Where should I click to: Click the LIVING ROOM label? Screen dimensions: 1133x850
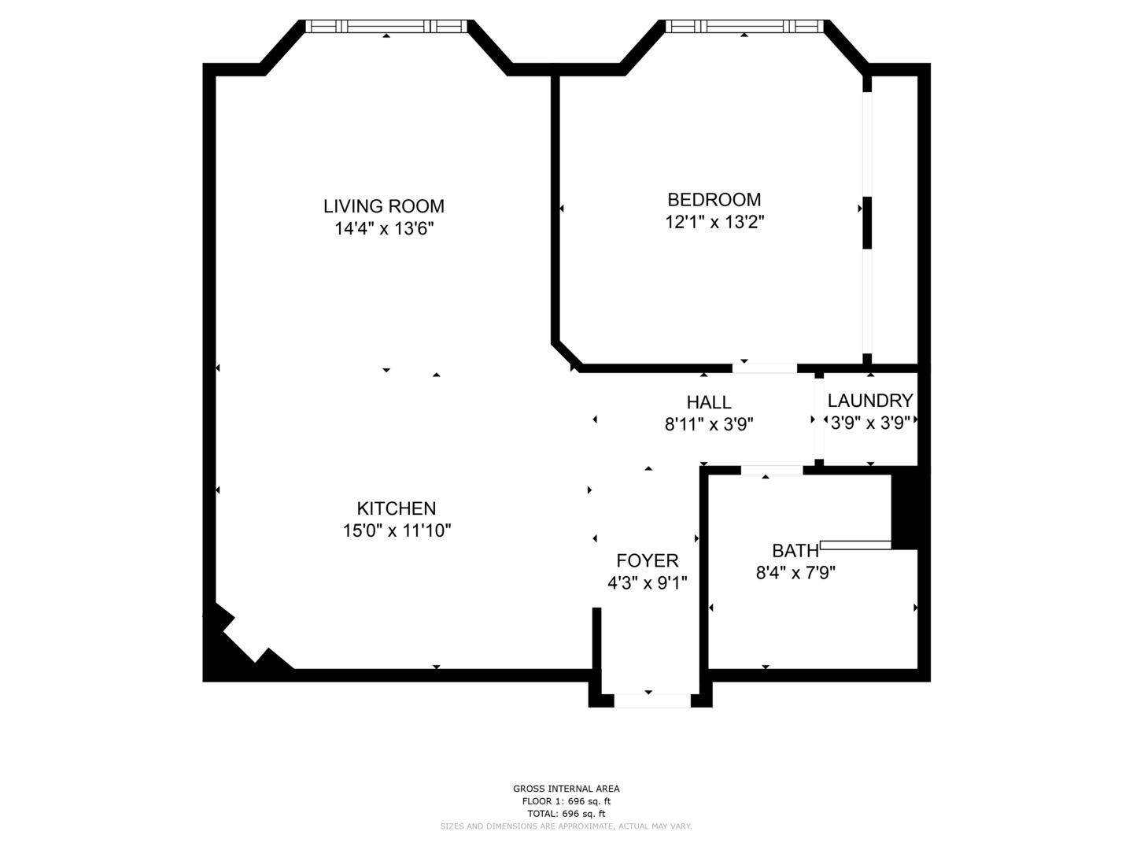[x=383, y=206]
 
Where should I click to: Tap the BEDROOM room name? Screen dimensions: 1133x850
[x=714, y=200]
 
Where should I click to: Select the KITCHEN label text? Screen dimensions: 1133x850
[x=397, y=508]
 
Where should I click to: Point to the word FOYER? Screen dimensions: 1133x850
[x=648, y=560]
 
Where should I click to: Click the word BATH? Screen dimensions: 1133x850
[x=795, y=551]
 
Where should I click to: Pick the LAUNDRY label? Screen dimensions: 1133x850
[x=870, y=401]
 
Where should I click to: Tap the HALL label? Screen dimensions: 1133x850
[x=709, y=402]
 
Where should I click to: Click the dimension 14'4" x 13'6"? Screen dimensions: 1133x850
[x=384, y=228]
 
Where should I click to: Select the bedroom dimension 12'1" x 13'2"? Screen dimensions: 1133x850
[x=714, y=222]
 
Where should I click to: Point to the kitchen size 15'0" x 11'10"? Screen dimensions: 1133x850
[x=397, y=530]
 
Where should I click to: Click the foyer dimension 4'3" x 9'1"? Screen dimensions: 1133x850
[x=648, y=583]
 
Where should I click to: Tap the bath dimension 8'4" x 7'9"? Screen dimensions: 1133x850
[x=795, y=573]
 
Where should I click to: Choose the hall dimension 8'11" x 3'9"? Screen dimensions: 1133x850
[x=709, y=424]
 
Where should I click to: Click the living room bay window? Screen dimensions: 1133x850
[x=386, y=26]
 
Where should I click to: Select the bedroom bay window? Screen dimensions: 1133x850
[x=744, y=26]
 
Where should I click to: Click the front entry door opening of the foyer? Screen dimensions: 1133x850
[x=652, y=700]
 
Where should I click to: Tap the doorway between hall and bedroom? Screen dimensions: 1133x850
[x=765, y=368]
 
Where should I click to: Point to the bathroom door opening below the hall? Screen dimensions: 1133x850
[x=772, y=470]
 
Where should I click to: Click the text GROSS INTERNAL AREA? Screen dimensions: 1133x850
[x=566, y=789]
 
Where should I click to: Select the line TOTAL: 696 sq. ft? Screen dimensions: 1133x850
[x=566, y=814]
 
